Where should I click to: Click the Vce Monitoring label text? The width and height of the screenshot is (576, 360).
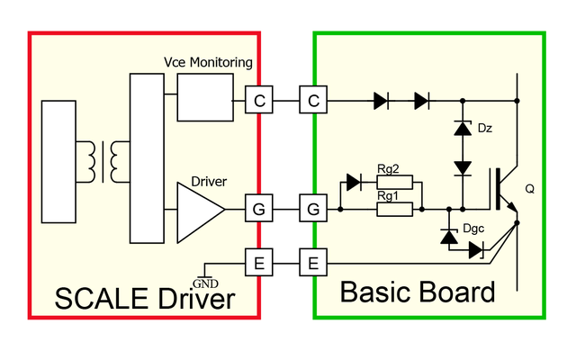click(207, 62)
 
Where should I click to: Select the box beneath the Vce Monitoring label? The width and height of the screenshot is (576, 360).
click(203, 96)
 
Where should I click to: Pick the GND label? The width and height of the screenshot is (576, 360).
click(206, 283)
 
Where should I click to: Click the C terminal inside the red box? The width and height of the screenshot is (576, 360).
click(259, 101)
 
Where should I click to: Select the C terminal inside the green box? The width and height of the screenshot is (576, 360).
click(313, 101)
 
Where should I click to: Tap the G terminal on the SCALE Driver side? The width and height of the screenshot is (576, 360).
click(259, 211)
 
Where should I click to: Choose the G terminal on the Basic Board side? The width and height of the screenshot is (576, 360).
click(313, 211)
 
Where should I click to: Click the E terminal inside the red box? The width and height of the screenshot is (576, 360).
click(259, 264)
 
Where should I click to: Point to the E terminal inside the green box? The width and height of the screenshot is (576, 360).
click(313, 264)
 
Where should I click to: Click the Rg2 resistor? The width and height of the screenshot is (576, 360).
click(393, 183)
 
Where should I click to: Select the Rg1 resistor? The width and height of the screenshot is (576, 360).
click(393, 210)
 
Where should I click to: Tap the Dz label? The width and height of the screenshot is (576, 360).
click(485, 128)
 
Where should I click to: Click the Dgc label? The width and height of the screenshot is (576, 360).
click(472, 229)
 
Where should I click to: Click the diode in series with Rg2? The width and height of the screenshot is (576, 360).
click(353, 183)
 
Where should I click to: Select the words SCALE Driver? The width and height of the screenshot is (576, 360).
click(145, 299)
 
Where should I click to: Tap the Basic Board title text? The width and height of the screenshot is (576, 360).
click(418, 292)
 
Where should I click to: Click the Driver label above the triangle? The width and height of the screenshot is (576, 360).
click(208, 182)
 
